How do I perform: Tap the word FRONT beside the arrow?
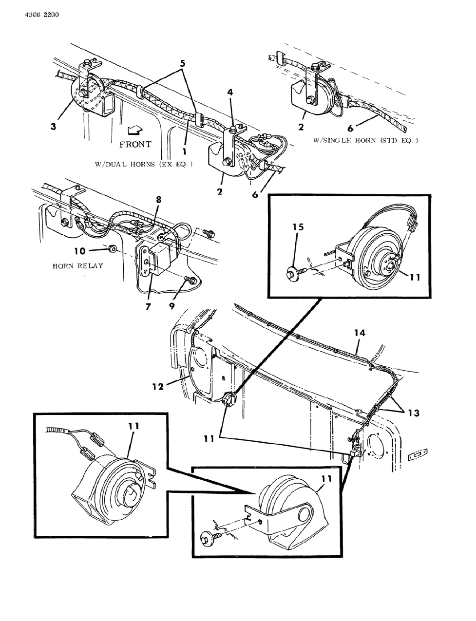coord(135,144)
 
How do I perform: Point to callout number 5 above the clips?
coord(183,63)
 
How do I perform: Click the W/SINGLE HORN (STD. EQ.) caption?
coord(366,141)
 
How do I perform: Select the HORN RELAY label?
coord(77,266)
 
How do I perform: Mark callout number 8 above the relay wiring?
coord(158,199)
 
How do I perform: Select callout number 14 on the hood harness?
coord(360,333)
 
